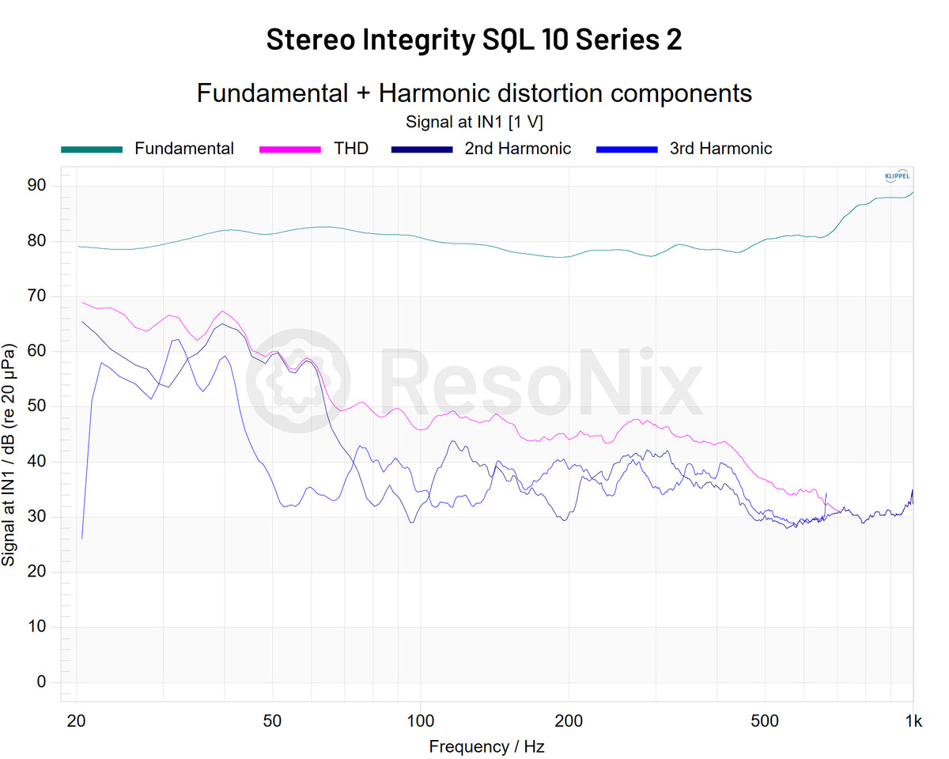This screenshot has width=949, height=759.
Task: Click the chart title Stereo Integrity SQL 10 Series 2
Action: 474,39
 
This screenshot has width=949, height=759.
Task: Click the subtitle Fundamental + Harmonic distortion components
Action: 474,93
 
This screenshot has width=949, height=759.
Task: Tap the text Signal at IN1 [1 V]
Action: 474,122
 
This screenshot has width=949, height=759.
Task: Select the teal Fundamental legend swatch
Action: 92,149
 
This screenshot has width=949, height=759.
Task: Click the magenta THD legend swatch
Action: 290,149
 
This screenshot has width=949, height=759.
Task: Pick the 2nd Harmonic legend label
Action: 517,149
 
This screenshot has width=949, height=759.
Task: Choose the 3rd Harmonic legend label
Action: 720,149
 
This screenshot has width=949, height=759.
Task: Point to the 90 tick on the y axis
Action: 37,185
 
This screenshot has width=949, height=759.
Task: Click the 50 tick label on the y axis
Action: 37,406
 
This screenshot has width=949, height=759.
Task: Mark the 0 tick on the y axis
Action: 42,682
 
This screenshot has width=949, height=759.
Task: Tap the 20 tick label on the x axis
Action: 77,720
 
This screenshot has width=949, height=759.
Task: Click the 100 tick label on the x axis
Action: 421,720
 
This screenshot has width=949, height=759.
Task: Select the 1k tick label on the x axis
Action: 913,720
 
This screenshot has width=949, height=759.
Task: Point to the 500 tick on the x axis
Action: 765,720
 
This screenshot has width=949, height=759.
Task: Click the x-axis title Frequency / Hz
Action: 486,746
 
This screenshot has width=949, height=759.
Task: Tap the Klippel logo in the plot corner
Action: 896,177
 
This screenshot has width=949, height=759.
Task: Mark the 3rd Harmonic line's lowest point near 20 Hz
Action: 82,538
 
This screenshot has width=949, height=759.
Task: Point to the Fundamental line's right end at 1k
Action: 913,192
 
